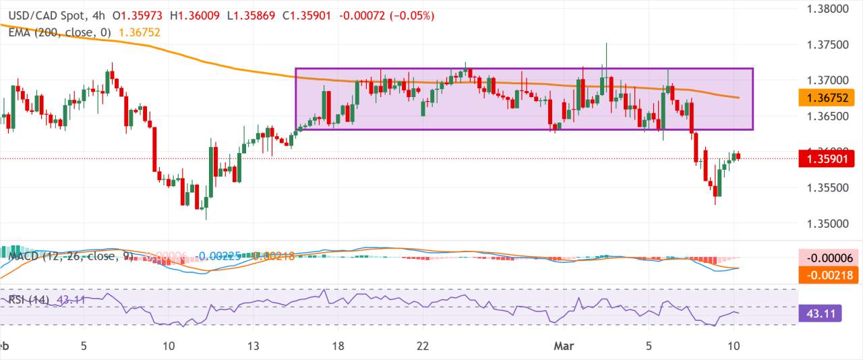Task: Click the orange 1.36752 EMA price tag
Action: pos(827,99)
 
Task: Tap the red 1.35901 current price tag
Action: pos(827,159)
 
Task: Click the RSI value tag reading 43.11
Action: pos(827,313)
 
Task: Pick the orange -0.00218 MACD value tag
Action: pos(827,276)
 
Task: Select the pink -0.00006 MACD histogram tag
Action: pos(827,258)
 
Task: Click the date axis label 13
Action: pos(254,346)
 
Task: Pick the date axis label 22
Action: pos(423,346)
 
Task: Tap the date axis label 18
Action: pos(338,346)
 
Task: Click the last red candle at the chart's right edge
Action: pos(739,156)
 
